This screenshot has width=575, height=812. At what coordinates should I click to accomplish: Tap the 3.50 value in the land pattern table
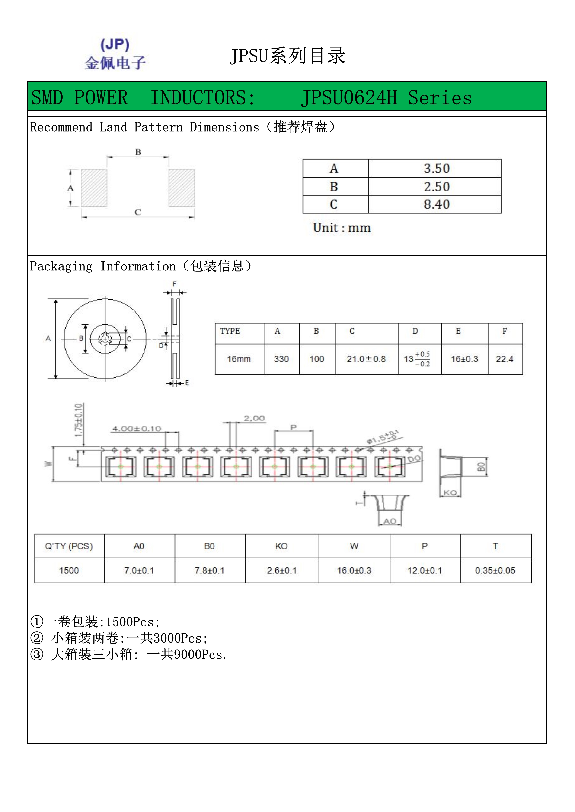(437, 168)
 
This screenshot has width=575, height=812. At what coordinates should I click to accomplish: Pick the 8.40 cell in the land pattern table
(437, 204)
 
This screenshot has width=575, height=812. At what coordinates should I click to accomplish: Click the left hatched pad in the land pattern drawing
(94, 188)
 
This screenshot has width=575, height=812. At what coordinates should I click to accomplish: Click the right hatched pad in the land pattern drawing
(182, 188)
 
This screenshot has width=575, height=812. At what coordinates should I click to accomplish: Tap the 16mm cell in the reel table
(239, 359)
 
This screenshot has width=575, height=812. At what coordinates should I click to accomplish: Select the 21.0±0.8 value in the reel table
(366, 359)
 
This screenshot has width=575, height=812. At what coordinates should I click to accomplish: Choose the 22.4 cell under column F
(505, 359)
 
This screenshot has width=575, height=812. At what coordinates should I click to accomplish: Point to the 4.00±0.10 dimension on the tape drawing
(137, 429)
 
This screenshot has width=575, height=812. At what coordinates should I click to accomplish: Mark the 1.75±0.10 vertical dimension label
(79, 420)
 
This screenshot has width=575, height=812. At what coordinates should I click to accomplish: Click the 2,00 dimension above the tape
(254, 418)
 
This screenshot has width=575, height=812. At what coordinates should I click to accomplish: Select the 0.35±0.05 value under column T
(495, 571)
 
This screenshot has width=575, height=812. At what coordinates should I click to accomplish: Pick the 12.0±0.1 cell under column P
(425, 571)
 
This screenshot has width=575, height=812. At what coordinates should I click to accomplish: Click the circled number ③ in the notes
(37, 654)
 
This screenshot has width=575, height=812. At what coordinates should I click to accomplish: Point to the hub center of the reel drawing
(105, 339)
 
